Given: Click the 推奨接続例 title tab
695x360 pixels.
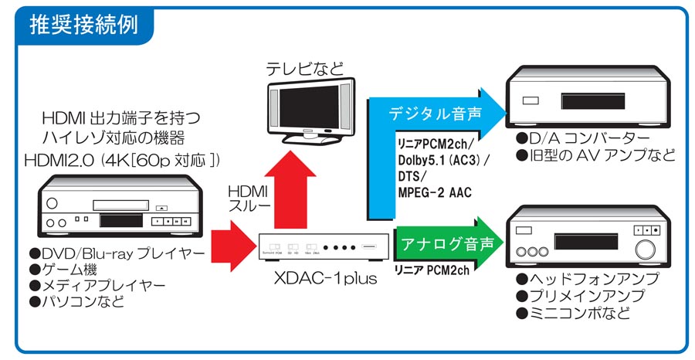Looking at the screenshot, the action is tap(83, 25).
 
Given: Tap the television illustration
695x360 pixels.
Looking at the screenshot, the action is tap(312, 111).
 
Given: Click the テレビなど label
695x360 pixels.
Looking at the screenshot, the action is tap(305, 69).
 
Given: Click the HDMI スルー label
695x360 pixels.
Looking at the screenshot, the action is tap(249, 199).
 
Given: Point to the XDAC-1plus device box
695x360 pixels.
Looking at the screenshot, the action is tap(324, 247).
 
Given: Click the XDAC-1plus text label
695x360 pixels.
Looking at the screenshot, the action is tap(325, 278).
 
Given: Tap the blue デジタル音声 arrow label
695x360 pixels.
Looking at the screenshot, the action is tap(435, 114).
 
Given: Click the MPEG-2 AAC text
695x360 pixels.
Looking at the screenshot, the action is tap(434, 192).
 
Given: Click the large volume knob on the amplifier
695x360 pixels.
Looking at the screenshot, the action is tap(645, 250).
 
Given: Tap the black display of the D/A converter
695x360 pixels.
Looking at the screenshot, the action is tap(592, 101).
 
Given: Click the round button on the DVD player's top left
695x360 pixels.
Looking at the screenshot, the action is tap(52, 203).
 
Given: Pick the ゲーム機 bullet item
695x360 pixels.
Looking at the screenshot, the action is tap(63, 269).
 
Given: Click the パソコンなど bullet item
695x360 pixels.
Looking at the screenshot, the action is tap(76, 301).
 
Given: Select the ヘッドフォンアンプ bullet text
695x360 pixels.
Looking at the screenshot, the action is tap(588, 279).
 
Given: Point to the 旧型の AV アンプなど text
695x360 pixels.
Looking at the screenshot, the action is tap(596, 155).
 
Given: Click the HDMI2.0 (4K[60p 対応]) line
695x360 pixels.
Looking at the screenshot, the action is tap(122, 161).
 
